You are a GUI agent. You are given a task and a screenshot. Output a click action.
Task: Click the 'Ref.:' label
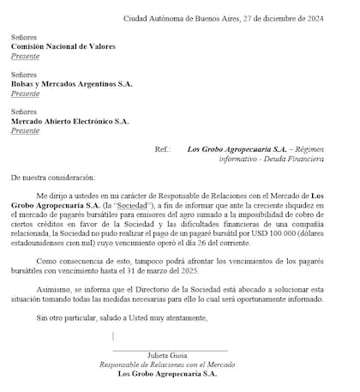point(163,149)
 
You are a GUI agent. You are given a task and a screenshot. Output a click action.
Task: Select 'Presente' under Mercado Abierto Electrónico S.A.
point(26,130)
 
